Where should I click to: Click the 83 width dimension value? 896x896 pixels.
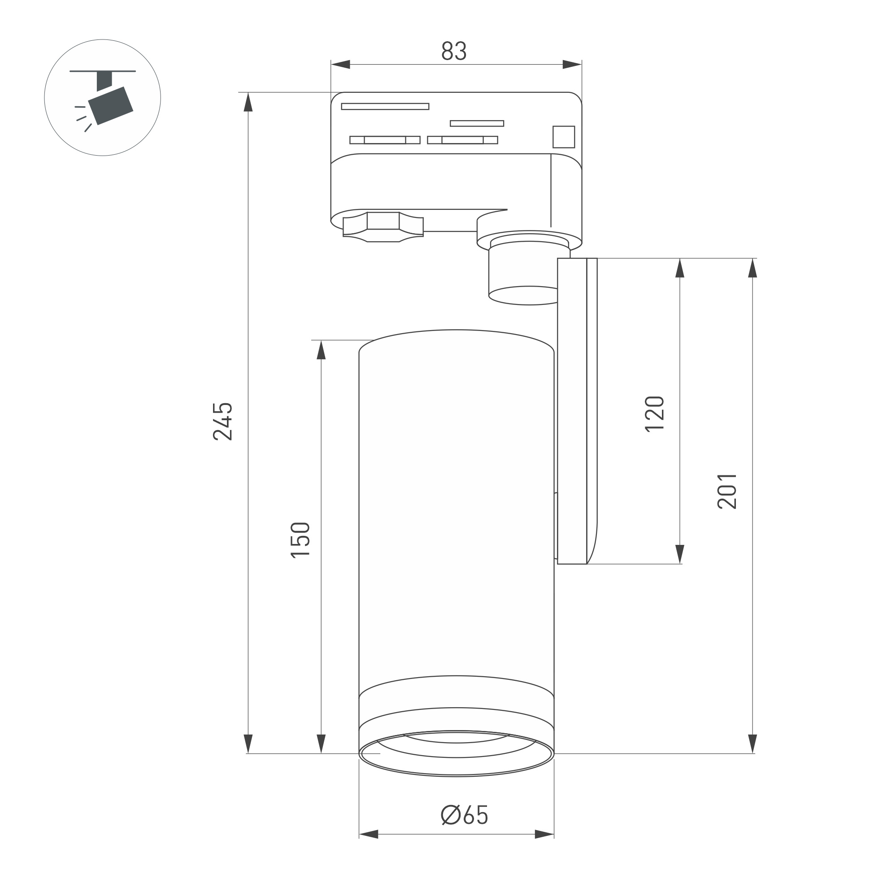click(x=453, y=52)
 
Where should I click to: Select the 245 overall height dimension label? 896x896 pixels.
click(x=222, y=421)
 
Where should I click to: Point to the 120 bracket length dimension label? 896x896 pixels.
click(x=654, y=414)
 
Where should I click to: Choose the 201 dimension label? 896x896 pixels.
click(x=727, y=491)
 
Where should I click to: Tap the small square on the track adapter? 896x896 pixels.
click(x=564, y=137)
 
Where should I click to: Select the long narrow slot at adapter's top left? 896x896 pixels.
click(x=385, y=106)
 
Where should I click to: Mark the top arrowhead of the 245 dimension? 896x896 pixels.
click(x=248, y=102)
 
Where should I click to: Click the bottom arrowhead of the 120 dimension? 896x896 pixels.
click(x=680, y=554)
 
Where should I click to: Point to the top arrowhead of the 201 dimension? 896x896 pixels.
click(x=752, y=268)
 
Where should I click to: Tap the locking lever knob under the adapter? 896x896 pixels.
click(x=383, y=227)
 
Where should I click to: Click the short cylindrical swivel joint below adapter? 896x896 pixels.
click(x=523, y=274)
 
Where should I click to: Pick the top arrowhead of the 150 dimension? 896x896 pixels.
click(x=321, y=350)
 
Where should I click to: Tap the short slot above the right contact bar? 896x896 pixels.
click(x=477, y=123)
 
